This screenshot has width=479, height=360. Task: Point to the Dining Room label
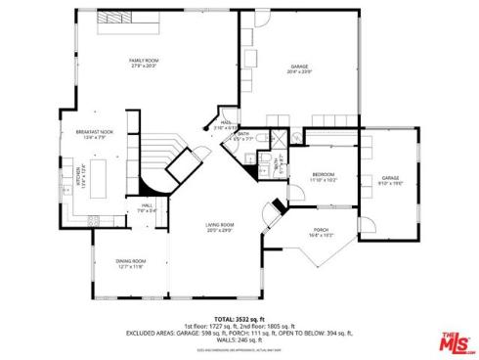coord(131,263)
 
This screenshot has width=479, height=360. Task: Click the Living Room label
coord(219,227)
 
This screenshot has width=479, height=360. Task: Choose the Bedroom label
coord(324,177)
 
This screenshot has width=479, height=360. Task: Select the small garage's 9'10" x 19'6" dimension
coord(391,182)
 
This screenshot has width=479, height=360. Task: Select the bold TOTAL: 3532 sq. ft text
coord(239,318)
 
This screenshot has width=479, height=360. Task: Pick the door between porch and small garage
coord(358,217)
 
